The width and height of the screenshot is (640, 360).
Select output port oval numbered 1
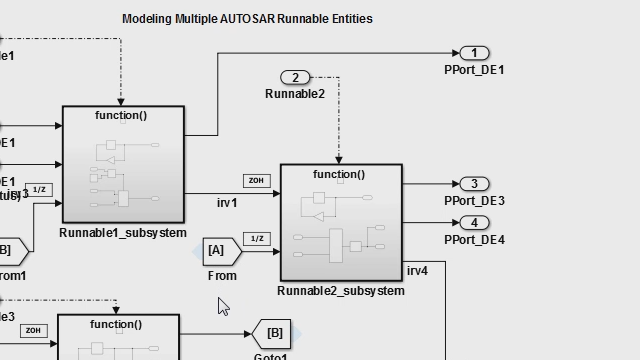tap(474, 53)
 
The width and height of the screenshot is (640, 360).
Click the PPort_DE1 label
tap(474, 70)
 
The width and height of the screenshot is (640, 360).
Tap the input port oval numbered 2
tap(295, 77)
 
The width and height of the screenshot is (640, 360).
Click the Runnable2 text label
tap(295, 94)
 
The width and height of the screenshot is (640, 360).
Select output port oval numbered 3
tap(474, 184)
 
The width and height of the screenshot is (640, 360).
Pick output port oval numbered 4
tap(474, 223)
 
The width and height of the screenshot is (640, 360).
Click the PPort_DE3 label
tap(474, 201)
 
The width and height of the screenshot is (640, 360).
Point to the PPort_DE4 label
tap(474, 240)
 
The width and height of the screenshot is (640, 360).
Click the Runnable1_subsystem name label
tap(123, 233)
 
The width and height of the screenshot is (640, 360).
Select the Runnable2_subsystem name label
tap(341, 291)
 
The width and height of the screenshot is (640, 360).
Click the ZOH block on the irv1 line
tap(257, 181)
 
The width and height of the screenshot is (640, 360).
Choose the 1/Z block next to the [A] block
tap(257, 238)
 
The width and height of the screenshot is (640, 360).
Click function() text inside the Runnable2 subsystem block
tap(339, 174)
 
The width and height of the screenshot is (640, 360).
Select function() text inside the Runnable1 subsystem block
tap(121, 115)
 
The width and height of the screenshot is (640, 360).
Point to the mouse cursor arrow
tap(223, 306)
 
